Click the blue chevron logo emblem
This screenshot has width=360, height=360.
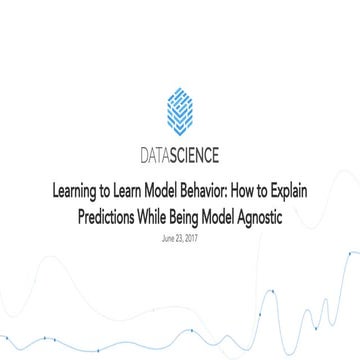[179, 110]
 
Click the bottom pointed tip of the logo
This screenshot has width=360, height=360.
[179, 134]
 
